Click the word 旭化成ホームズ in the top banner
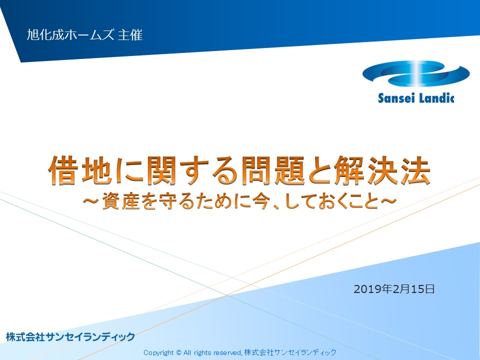click(70, 35)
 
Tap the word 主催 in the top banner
click(130, 35)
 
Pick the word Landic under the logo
click(436, 97)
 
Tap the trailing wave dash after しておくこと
click(388, 201)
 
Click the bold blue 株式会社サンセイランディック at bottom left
click(70, 336)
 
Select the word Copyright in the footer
click(158, 352)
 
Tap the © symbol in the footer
click(179, 352)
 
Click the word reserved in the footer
click(227, 352)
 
